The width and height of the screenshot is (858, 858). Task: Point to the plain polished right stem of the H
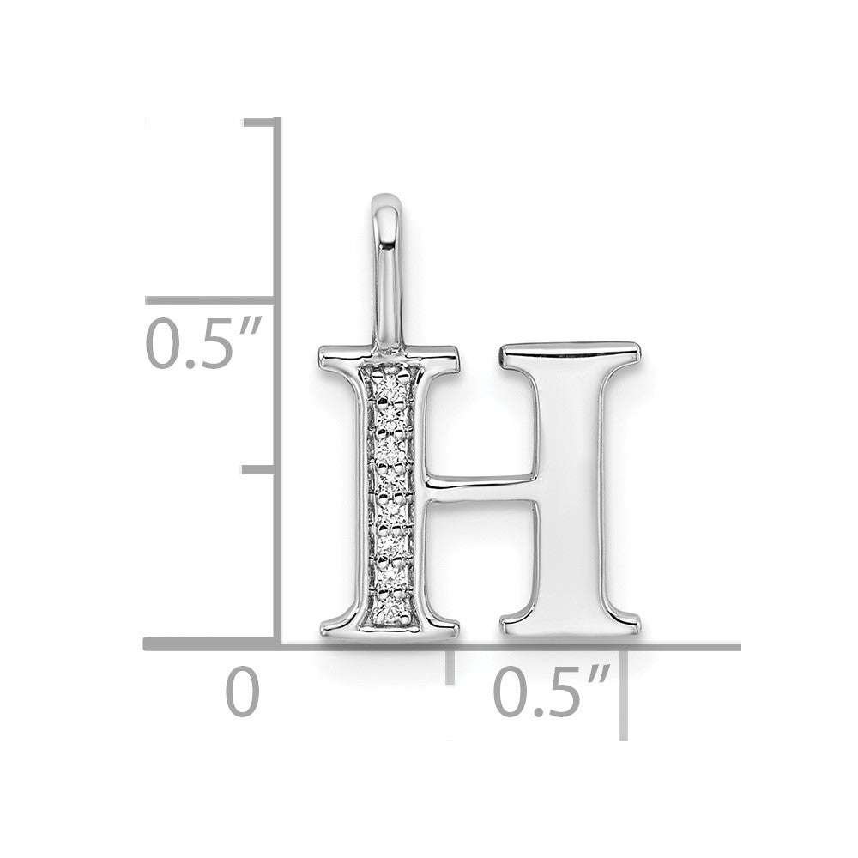[x=571, y=487]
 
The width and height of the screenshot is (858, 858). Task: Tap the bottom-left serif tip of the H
[x=322, y=631]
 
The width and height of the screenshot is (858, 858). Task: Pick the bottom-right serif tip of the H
[x=639, y=624]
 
